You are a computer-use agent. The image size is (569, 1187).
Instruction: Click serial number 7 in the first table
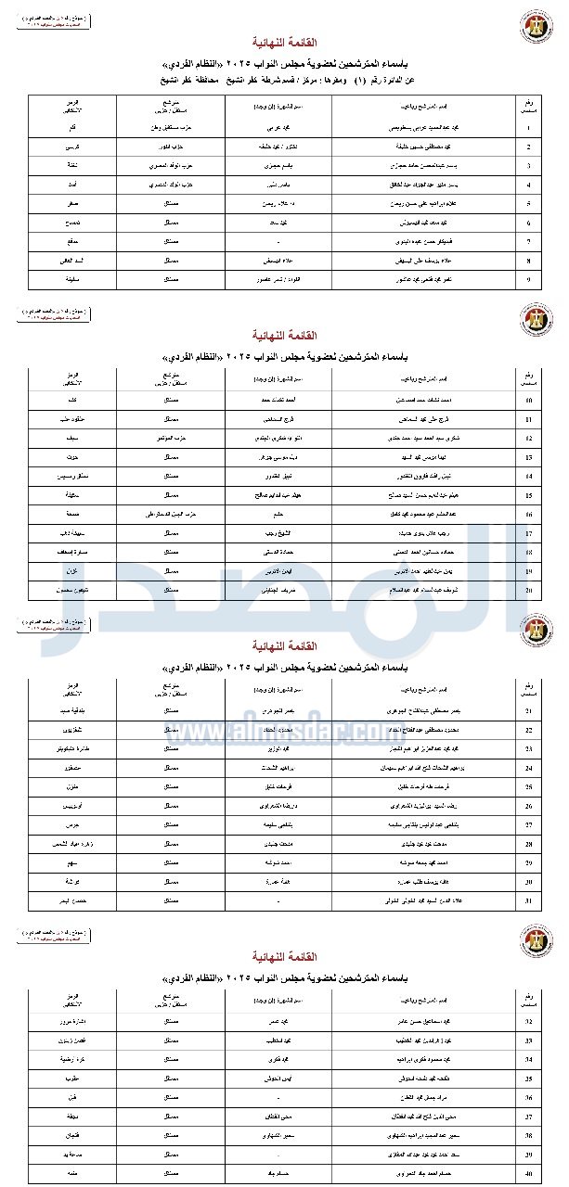coord(529,240)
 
